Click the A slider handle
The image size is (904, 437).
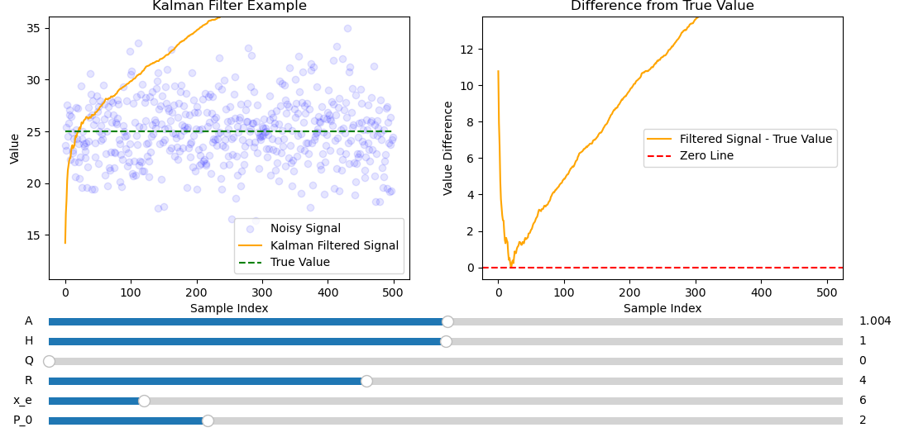(x=447, y=321)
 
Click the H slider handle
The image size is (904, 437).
(x=446, y=341)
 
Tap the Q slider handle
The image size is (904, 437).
(x=49, y=361)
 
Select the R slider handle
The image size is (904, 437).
(x=366, y=381)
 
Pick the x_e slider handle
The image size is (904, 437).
(x=144, y=401)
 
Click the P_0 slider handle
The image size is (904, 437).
(x=208, y=420)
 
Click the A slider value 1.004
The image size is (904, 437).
(x=875, y=321)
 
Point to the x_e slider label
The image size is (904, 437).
(x=22, y=401)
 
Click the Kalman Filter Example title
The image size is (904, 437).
(x=229, y=7)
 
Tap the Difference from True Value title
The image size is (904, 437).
(x=662, y=7)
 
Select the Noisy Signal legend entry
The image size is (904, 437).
(x=305, y=229)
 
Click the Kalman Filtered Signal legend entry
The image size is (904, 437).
(x=334, y=245)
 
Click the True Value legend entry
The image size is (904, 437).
(x=300, y=262)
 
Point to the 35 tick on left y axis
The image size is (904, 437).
(x=35, y=28)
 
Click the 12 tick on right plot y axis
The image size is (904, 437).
(x=468, y=50)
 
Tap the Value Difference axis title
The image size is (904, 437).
(x=448, y=148)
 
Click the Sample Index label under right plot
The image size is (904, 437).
(x=662, y=308)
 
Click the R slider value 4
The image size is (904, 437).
(x=863, y=381)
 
